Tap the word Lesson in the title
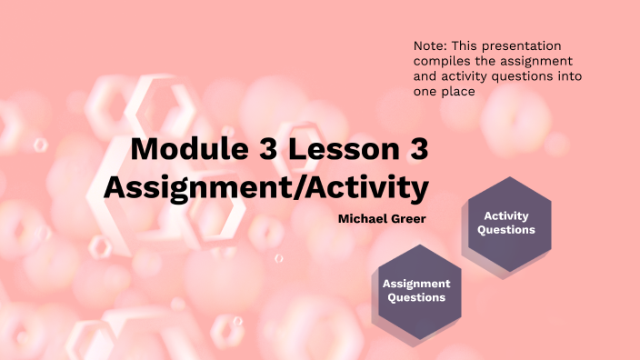(x=337, y=151)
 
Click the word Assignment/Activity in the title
(x=265, y=188)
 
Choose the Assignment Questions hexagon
(x=415, y=290)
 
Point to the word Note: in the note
(x=429, y=45)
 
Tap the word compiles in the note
(x=441, y=61)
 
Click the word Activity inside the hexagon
(x=506, y=215)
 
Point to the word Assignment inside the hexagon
(x=416, y=283)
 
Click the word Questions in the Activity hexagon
(x=506, y=230)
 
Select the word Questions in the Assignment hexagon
(x=416, y=297)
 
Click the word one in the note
(x=425, y=92)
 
